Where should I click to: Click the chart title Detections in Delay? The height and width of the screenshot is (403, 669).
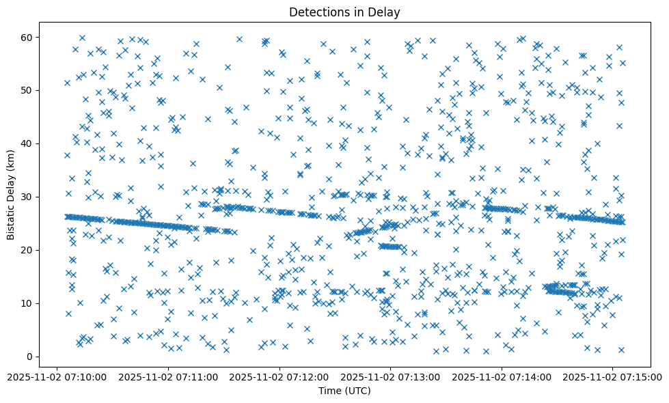tap(344, 12)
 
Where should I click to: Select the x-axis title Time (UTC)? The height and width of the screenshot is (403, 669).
tap(344, 391)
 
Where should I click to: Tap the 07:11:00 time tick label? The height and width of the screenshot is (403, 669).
tap(168, 376)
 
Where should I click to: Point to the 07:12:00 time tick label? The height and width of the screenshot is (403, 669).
tap(279, 376)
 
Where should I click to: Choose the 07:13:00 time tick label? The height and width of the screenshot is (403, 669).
tap(390, 376)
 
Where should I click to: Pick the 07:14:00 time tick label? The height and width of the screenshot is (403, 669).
tap(502, 376)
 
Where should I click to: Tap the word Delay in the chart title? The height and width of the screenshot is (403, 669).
tap(385, 12)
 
